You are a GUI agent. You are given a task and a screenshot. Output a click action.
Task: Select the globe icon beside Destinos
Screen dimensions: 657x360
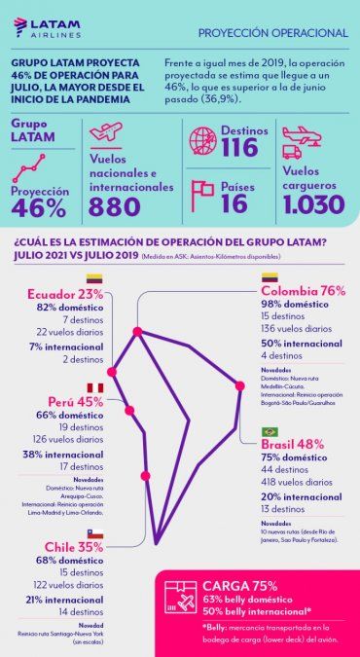tap(201, 140)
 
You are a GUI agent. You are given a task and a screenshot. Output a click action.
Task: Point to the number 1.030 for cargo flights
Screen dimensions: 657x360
tap(313, 204)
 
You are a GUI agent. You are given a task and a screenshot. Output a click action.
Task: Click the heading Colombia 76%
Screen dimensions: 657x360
tap(303, 291)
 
